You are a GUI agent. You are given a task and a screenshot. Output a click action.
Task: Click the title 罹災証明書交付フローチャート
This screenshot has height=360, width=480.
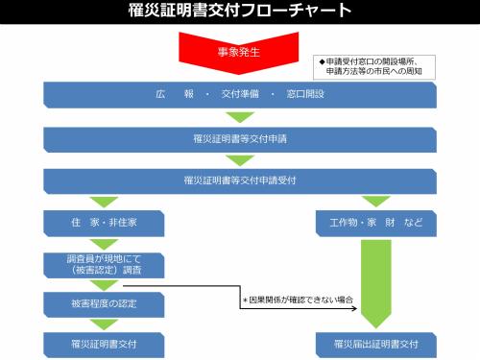pos(239,12)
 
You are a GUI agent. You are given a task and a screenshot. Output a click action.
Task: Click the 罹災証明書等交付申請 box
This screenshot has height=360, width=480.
pos(239,138)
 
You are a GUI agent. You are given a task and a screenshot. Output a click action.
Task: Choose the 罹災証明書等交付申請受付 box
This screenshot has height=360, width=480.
pos(239,180)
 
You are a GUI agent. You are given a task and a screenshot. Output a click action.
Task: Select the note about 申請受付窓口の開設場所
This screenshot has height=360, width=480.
pos(377,66)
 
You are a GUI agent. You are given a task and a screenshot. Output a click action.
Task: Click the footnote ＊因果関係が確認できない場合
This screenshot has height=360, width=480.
pos(298,300)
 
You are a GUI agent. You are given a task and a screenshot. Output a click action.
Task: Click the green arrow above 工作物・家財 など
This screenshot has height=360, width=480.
pos(375,202)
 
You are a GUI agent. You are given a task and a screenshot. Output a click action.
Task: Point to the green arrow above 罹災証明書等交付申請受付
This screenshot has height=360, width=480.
pos(239,159)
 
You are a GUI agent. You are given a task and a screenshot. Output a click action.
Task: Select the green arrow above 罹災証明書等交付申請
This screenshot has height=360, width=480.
pos(239,117)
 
